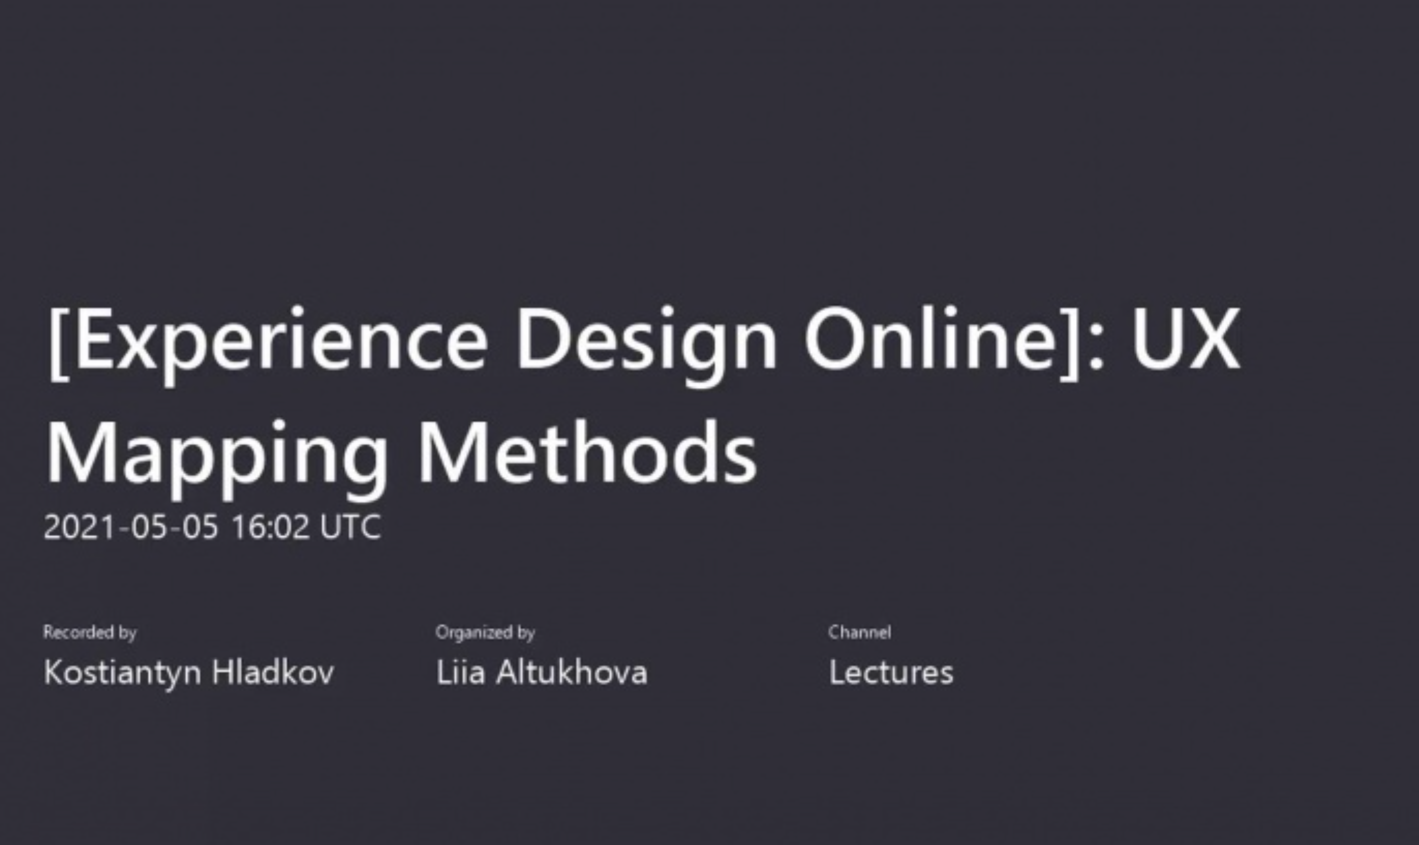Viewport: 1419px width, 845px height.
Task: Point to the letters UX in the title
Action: pos(1186,339)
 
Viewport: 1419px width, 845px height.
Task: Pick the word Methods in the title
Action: pos(588,452)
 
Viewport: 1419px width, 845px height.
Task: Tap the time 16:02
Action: pos(270,526)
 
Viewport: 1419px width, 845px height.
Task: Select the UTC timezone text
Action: pos(350,526)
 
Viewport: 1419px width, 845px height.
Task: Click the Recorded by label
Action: pos(90,632)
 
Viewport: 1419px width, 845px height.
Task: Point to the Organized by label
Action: pos(485,632)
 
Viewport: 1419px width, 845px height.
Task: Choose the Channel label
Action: pos(859,632)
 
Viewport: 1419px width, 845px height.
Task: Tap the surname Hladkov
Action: pos(272,672)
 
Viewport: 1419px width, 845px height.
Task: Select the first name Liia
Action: pos(460,672)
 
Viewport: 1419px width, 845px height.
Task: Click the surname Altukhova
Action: pos(571,672)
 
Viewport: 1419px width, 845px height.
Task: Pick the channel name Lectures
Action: pos(891,673)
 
